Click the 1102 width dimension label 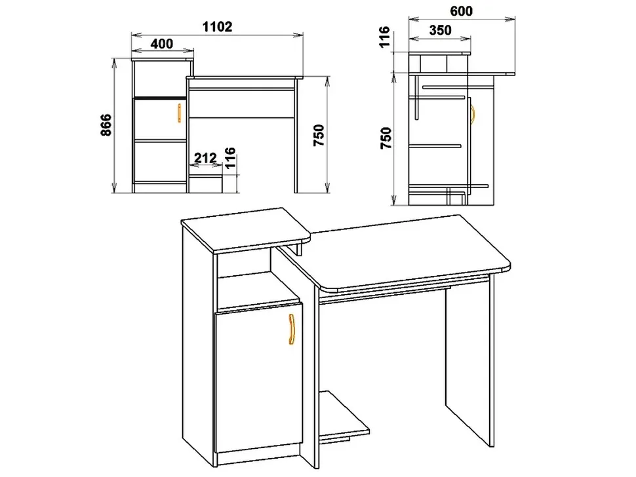click(217, 27)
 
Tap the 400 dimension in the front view click(162, 43)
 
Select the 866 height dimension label click(106, 125)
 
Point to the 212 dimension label click(205, 158)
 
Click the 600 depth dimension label click(461, 11)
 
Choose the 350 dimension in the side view click(440, 30)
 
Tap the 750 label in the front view click(319, 136)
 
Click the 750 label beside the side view click(387, 138)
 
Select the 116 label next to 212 click(229, 158)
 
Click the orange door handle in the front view click(179, 113)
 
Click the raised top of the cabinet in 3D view click(246, 230)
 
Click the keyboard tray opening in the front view click(243, 103)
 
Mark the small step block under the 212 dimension click(206, 183)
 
